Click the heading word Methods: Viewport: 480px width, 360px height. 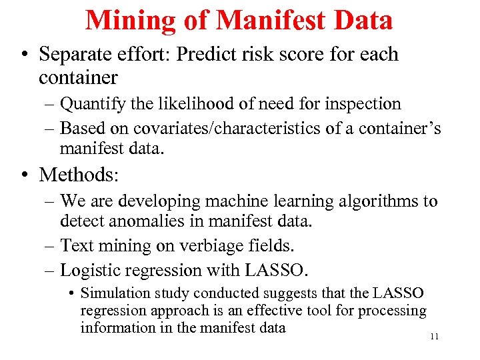coord(79,175)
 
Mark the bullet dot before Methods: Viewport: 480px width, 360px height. coord(25,175)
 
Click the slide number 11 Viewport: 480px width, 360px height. coord(434,337)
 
